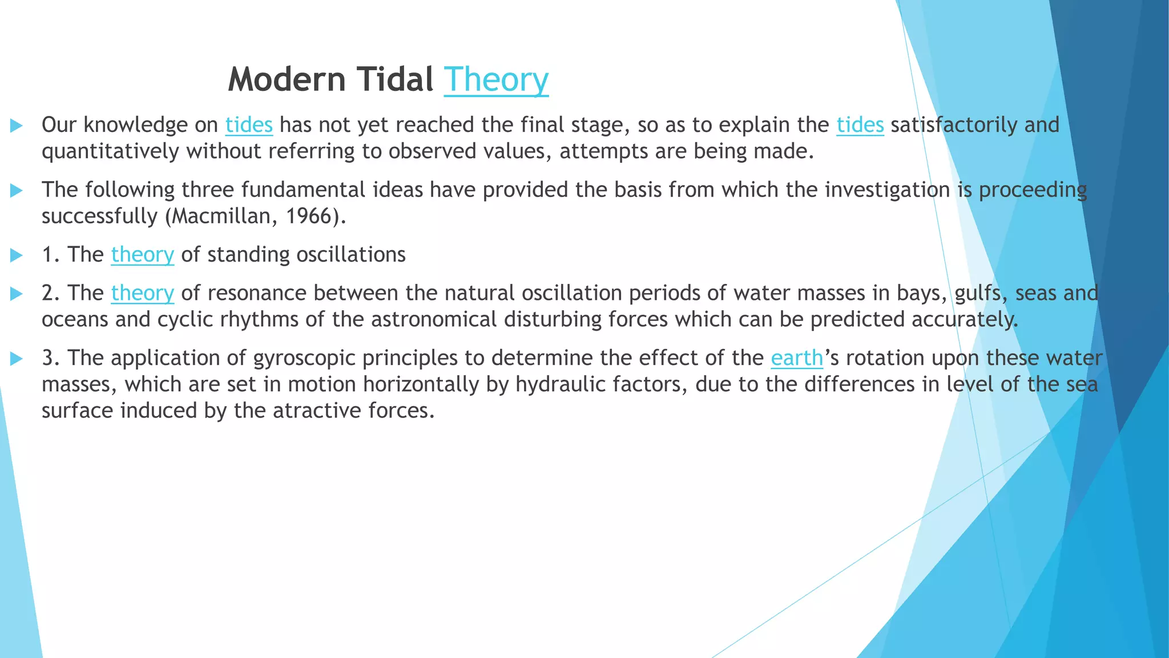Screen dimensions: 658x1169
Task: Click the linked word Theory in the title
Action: pyautogui.click(x=495, y=80)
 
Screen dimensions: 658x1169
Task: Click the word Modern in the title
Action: pyautogui.click(x=287, y=79)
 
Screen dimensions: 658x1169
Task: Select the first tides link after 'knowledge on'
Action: pyautogui.click(x=249, y=125)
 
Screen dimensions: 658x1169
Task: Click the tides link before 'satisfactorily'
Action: pyautogui.click(x=860, y=125)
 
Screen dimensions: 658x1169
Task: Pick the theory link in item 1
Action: pyautogui.click(x=142, y=255)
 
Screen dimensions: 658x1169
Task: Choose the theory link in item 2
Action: pyautogui.click(x=142, y=293)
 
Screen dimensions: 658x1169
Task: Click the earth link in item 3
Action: pyautogui.click(x=797, y=358)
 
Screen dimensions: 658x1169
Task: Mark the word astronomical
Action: pyautogui.click(x=434, y=319)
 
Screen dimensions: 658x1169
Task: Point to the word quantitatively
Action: pyautogui.click(x=110, y=152)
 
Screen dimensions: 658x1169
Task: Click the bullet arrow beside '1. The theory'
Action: pyautogui.click(x=17, y=255)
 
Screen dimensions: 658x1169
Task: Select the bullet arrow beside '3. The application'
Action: pyautogui.click(x=17, y=359)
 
